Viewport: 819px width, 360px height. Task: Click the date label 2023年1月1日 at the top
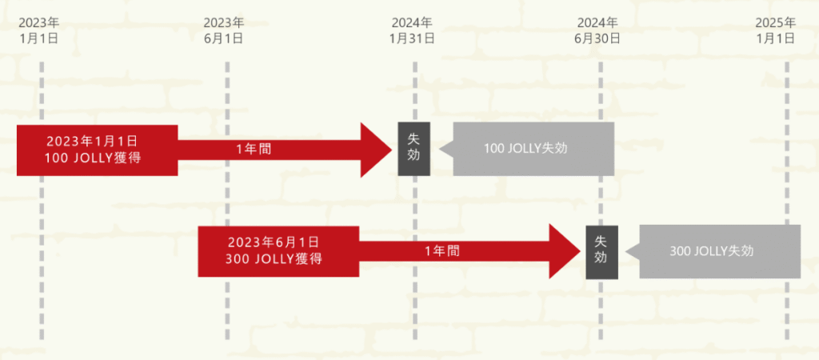pos(38,30)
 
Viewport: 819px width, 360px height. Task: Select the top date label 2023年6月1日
pos(224,30)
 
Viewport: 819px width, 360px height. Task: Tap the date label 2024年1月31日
pos(412,30)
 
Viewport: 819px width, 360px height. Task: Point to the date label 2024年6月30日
pos(597,30)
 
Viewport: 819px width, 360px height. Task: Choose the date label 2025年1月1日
pos(775,30)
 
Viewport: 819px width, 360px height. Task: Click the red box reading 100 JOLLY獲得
pos(97,150)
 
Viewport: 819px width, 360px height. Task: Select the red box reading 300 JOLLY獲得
pos(278,251)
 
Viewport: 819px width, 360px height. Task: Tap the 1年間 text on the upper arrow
pos(254,150)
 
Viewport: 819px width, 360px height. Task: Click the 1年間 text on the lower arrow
pos(441,251)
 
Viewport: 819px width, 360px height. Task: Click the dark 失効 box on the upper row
pos(414,149)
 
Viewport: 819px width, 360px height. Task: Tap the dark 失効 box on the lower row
pos(601,252)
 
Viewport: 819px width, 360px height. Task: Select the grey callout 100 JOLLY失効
pos(528,149)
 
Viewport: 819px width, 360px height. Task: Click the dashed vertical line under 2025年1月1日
pos(787,201)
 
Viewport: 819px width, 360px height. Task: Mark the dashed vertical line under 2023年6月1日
pos(227,201)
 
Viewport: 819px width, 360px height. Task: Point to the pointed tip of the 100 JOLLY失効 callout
pos(440,150)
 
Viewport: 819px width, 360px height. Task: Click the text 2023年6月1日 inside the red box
pos(274,242)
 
